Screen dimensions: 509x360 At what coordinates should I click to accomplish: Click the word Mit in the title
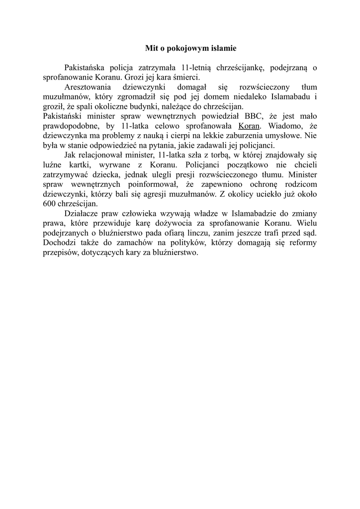tap(150, 49)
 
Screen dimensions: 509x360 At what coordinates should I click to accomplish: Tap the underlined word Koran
tap(249, 126)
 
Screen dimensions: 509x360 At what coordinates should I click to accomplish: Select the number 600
tap(50, 203)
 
